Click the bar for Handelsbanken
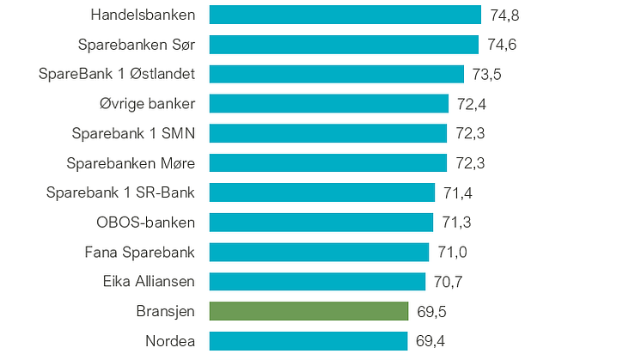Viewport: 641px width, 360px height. pos(345,15)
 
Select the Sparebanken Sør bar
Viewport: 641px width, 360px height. pos(344,45)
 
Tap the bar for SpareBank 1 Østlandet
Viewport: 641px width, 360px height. pos(336,74)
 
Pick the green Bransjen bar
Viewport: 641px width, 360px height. pos(308,311)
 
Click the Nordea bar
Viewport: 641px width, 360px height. pos(308,341)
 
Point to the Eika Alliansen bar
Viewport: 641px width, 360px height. pos(317,282)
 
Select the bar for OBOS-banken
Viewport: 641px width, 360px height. pos(320,223)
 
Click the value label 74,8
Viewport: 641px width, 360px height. pos(504,15)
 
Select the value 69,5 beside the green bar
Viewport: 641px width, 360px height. pos(430,311)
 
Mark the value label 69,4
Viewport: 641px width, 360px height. pos(430,341)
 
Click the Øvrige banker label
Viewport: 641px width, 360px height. pos(147,104)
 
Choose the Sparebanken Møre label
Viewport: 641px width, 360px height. pos(131,163)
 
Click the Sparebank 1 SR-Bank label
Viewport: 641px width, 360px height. pos(120,192)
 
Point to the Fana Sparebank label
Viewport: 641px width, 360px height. pos(140,252)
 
